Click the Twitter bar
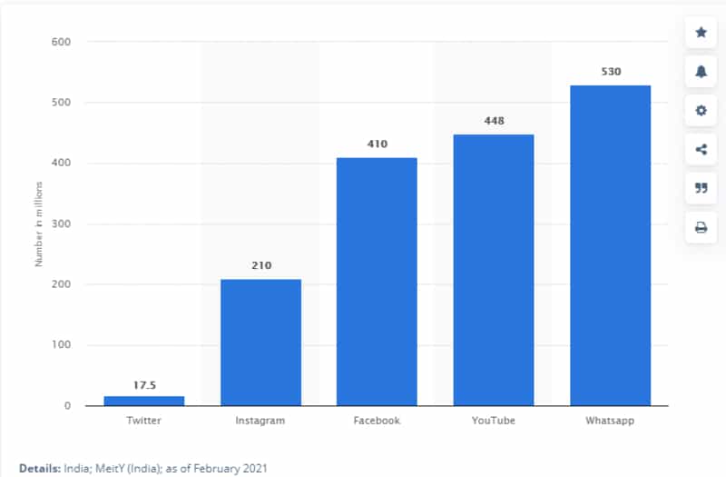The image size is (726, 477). point(143,400)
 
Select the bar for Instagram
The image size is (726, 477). point(260,343)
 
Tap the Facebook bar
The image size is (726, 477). point(377,282)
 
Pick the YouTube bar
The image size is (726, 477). point(494,270)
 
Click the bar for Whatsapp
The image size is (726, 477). point(610,245)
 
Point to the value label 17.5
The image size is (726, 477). point(144,384)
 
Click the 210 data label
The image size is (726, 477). point(260,266)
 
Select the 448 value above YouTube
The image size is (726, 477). point(494,121)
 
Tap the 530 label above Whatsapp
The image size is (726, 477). point(610,71)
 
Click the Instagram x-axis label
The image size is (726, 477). point(260,421)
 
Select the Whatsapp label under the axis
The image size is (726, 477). point(610,421)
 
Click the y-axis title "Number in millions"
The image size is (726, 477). point(39,224)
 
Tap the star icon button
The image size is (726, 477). point(701,33)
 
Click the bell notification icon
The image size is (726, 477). point(701,72)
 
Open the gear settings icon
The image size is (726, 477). point(701,111)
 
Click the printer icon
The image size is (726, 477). point(701,228)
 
